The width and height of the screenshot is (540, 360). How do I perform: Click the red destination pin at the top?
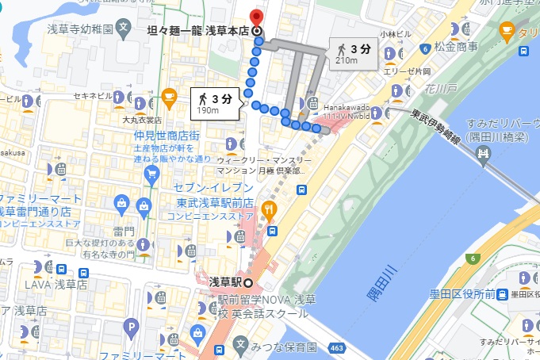(x=255, y=17)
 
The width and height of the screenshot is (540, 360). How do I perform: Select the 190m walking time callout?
(x=215, y=103)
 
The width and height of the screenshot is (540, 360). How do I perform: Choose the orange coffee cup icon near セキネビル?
(x=169, y=98)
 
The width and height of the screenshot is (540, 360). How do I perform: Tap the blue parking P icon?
(x=131, y=324)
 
